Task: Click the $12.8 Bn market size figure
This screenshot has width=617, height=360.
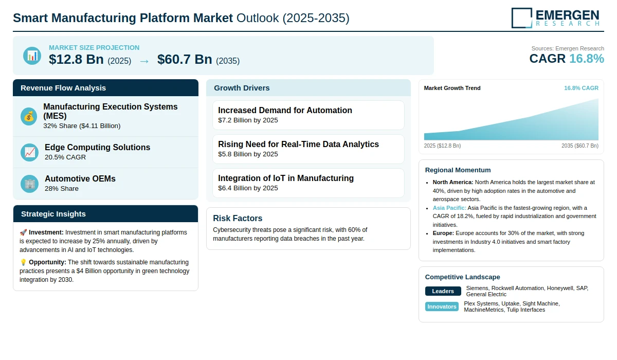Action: coord(76,60)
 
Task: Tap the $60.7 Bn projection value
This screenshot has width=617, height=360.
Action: coord(185,60)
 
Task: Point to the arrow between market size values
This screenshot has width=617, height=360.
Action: coord(144,61)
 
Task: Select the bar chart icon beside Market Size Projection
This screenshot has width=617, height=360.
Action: coord(32,56)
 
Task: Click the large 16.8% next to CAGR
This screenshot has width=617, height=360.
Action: coord(587,59)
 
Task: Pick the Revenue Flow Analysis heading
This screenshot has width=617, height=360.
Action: coord(63,88)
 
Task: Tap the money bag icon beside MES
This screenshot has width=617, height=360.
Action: coord(29,117)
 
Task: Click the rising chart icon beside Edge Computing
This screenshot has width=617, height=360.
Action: coord(29,152)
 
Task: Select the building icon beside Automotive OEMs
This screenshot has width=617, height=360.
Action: coord(29,184)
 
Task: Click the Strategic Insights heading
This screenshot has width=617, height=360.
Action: coord(53,214)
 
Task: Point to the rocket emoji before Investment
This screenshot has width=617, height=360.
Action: coord(23,232)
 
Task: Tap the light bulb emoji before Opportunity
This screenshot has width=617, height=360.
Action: coord(23,262)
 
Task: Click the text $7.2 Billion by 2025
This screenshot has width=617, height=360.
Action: coord(248,120)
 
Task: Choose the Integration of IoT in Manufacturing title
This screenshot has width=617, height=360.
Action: coord(286,178)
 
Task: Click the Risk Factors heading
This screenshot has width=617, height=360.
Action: coord(238,218)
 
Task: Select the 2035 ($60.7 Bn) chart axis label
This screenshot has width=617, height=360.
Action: coord(580,146)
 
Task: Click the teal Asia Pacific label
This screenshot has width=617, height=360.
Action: coord(449,208)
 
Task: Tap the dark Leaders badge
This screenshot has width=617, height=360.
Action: coord(443,291)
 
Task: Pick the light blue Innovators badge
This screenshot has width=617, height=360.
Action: coord(442,307)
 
